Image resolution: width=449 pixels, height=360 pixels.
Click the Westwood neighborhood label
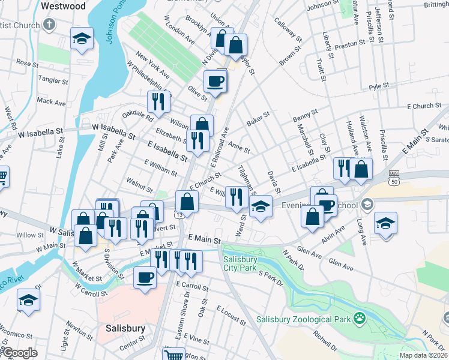62,5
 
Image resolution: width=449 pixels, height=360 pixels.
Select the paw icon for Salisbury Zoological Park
360,317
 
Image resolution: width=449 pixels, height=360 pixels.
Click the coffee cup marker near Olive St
215,82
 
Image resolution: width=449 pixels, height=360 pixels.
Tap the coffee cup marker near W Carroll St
144,278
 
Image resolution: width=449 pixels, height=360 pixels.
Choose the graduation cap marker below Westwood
82,40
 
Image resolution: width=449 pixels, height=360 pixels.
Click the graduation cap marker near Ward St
261,208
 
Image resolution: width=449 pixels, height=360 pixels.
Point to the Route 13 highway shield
179,214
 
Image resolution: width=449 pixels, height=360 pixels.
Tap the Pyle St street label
379,86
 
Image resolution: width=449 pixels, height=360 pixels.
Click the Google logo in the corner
20,353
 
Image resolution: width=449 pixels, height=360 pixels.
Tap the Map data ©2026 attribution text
423,355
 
